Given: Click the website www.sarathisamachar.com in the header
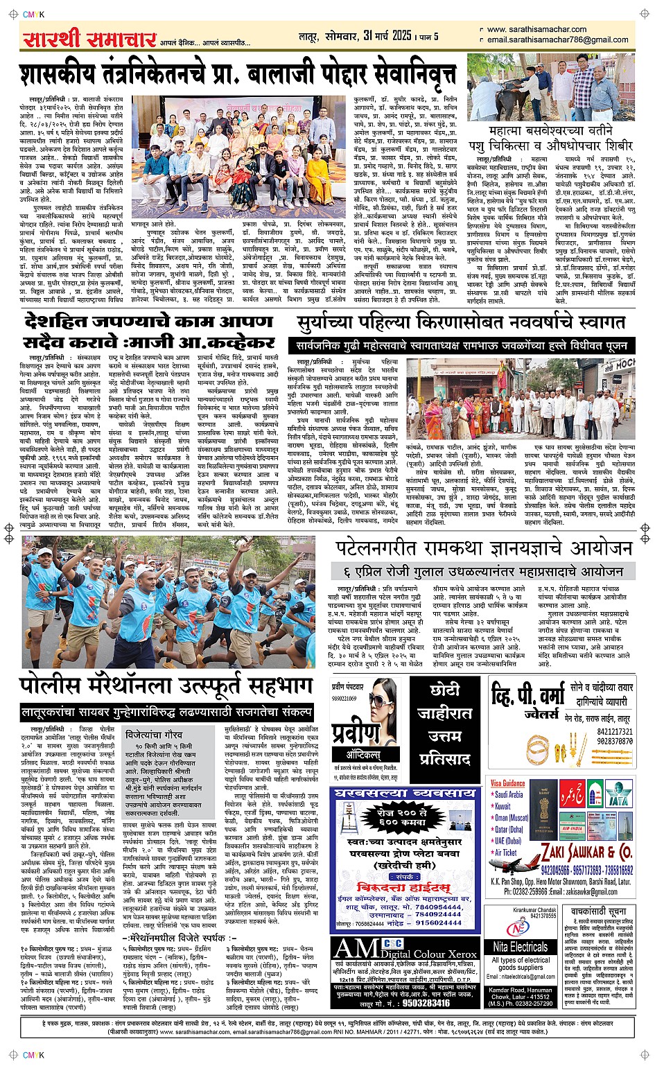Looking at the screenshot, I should (536, 30).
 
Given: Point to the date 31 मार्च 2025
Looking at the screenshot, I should (382, 35).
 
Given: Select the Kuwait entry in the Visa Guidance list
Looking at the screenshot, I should (503, 806).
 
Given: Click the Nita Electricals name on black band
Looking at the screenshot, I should (520, 946).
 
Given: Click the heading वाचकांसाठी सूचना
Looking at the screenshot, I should (598, 911).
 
